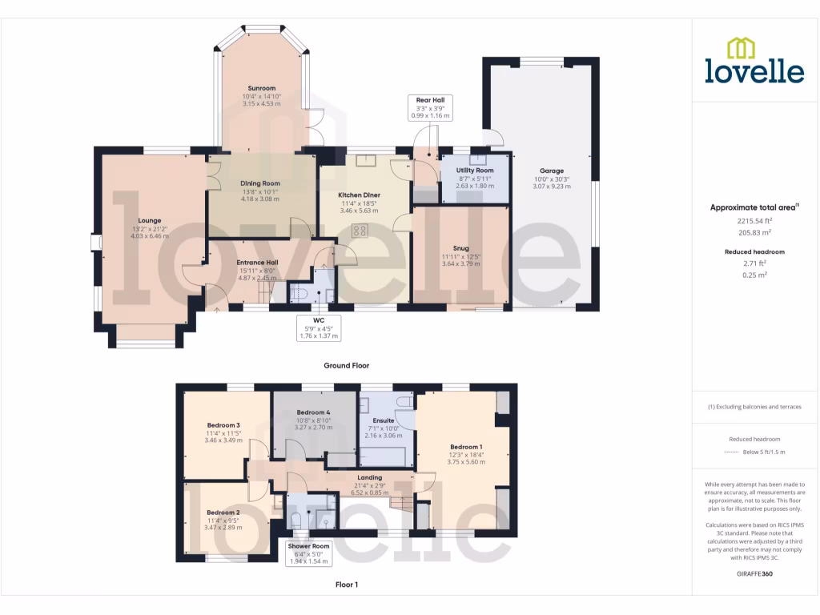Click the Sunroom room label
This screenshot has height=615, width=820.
261,88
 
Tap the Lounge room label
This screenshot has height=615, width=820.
150,220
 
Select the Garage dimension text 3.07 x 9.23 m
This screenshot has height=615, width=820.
552,186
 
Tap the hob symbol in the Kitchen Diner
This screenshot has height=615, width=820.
360,231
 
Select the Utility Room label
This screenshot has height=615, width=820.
475,171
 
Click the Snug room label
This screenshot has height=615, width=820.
460,248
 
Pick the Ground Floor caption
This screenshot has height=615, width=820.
346,365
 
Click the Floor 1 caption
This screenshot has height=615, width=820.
346,585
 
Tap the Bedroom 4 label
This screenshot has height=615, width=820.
313,412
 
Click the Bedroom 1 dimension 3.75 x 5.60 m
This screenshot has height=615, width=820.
466,462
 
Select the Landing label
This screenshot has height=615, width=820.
369,478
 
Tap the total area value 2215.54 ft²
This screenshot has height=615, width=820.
754,220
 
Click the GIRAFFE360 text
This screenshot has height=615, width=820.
754,574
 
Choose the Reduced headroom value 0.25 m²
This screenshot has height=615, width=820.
754,275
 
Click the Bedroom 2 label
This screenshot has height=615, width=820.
223,512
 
